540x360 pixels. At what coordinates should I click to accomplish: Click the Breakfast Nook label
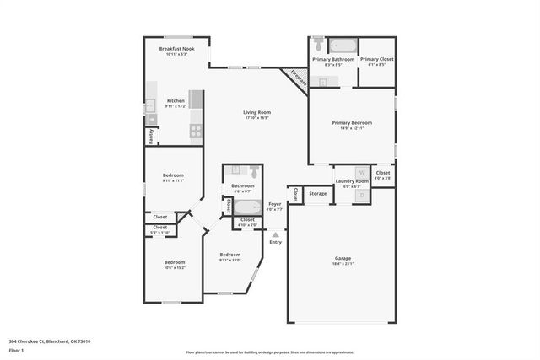(x=175, y=49)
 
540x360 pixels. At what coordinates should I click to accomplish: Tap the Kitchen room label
(x=175, y=100)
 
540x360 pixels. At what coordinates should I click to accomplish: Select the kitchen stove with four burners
(x=196, y=131)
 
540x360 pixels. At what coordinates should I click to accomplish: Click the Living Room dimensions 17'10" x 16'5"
(x=256, y=117)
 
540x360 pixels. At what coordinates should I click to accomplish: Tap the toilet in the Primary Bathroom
(x=318, y=40)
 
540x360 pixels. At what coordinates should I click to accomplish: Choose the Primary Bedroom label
(x=351, y=122)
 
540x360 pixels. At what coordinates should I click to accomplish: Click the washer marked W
(x=361, y=172)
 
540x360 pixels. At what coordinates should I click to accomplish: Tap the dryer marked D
(x=361, y=196)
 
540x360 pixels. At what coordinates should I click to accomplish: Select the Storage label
(x=317, y=193)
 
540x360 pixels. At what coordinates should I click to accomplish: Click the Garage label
(x=342, y=258)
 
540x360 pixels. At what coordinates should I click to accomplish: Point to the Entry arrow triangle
(x=275, y=234)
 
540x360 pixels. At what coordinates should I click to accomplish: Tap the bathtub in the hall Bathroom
(x=247, y=207)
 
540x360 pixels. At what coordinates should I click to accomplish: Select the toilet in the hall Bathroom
(x=252, y=171)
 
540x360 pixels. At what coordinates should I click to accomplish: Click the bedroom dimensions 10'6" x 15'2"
(x=175, y=267)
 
